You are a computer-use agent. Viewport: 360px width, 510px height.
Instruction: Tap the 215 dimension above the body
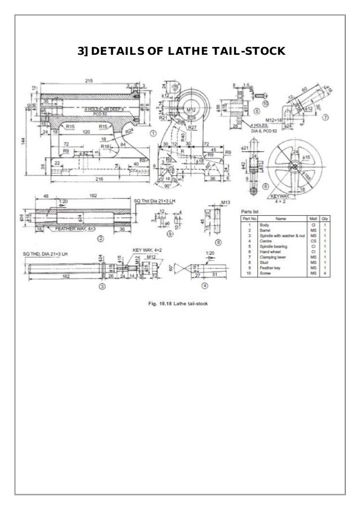tap(90, 81)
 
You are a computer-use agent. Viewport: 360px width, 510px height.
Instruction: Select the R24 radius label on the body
tap(129, 130)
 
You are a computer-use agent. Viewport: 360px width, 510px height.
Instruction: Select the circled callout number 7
tap(326, 118)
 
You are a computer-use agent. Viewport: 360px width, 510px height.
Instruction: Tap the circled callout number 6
tap(266, 186)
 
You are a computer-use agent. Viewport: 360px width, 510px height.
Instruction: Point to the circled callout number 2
tap(100, 238)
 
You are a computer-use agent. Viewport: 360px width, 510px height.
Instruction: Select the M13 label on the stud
tap(226, 202)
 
